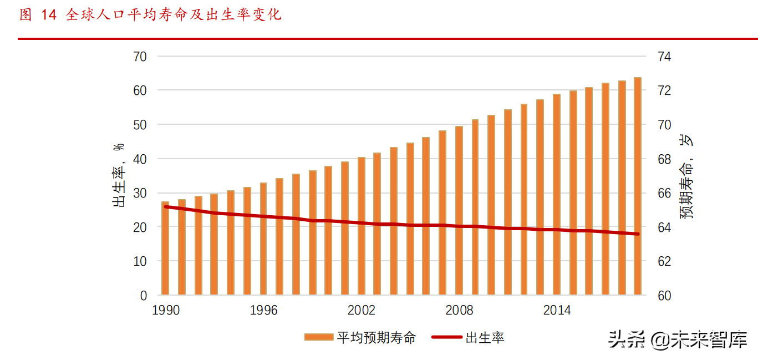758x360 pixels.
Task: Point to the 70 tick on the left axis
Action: [x=140, y=57]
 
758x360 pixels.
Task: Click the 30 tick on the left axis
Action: [x=140, y=193]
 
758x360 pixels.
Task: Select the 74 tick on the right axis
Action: [x=665, y=57]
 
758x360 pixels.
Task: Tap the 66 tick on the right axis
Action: [x=665, y=193]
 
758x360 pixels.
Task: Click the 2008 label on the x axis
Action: [x=459, y=310]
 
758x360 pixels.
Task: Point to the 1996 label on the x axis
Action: [x=263, y=310]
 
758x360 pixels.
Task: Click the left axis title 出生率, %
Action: [x=119, y=175]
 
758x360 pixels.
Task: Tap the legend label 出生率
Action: [x=485, y=337]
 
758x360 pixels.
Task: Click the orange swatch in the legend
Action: [x=318, y=337]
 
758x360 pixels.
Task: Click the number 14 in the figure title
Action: [x=49, y=15]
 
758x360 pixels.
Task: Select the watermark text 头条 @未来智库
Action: [x=678, y=339]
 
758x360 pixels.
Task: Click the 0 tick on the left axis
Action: [x=143, y=296]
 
